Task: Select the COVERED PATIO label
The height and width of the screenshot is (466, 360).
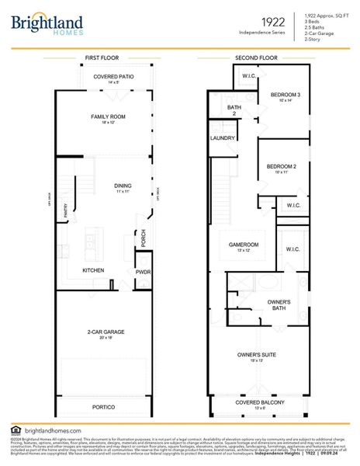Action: click(x=112, y=77)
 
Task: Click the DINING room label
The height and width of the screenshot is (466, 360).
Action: click(x=123, y=186)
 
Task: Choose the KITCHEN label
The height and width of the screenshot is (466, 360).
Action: click(x=95, y=270)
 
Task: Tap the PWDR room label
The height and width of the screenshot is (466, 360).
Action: click(x=143, y=272)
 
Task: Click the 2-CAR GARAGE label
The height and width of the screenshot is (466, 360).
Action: click(x=107, y=332)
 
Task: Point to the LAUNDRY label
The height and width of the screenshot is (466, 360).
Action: click(x=222, y=137)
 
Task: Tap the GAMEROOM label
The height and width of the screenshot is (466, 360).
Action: click(x=244, y=245)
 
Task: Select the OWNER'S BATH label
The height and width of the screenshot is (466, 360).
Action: click(x=279, y=304)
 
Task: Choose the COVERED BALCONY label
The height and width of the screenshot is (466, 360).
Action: click(x=260, y=402)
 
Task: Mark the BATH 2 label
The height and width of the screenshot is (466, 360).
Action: click(x=233, y=110)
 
